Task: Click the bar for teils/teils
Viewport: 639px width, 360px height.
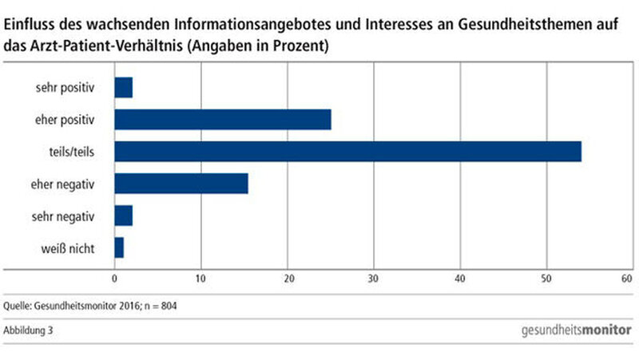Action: coord(347,151)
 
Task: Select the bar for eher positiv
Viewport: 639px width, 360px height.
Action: coord(223,120)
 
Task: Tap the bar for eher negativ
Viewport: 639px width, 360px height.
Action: coord(181,184)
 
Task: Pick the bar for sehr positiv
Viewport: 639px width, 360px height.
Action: coord(124,87)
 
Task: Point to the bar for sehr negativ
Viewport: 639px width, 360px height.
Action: coord(124,216)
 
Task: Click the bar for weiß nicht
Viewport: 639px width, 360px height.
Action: coord(119,248)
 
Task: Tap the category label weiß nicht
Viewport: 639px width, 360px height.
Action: coord(70,248)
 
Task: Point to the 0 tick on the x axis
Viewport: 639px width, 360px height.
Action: coord(114,279)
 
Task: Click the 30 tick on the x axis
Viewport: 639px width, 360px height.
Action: coord(373,279)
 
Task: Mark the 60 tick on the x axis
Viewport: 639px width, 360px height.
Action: coord(627,279)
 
